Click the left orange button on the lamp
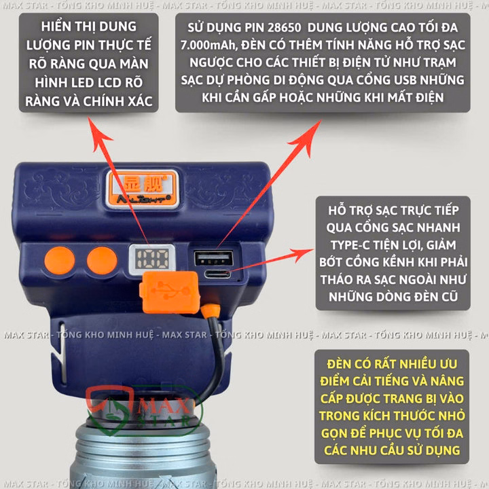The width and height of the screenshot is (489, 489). tap(60, 261)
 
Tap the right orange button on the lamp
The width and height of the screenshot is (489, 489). tap(102, 261)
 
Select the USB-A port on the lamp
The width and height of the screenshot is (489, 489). tap(213, 259)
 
